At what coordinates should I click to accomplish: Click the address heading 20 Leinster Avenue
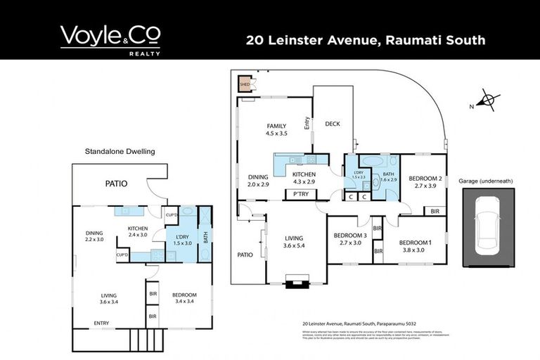pos(366,40)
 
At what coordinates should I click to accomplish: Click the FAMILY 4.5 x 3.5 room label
pos(276,129)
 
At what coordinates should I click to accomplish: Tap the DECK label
pos(333,124)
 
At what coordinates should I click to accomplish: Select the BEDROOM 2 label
pos(425,182)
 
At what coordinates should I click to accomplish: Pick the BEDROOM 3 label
pos(349,238)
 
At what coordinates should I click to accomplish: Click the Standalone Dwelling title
pos(120,150)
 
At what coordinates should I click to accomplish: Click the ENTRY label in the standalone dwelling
pos(101,323)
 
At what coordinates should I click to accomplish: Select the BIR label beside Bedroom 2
pos(435,211)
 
